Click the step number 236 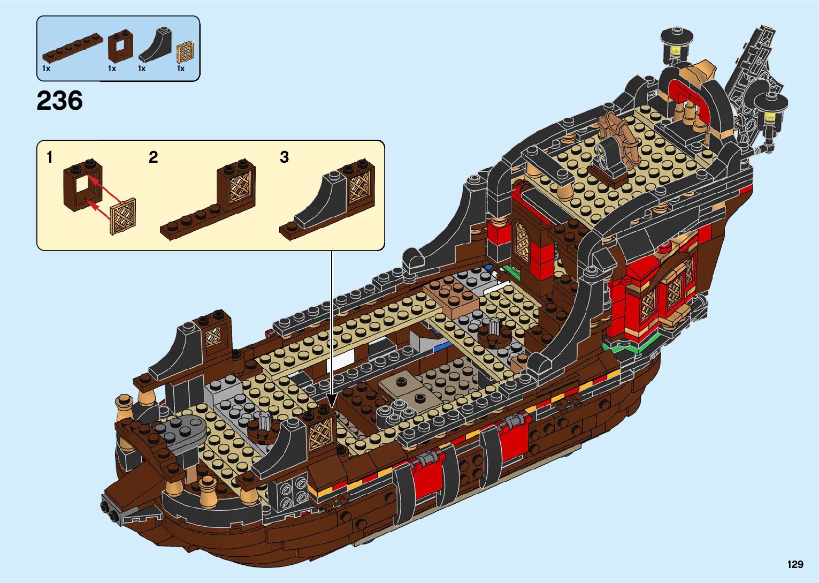(x=59, y=101)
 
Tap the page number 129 (x=795, y=564)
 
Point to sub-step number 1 (x=50, y=157)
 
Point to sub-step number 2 (x=154, y=157)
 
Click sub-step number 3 (x=284, y=157)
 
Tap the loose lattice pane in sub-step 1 (x=123, y=217)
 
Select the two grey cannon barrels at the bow (x=110, y=509)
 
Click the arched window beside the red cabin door (x=521, y=241)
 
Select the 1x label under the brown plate (x=46, y=69)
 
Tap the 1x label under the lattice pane (x=181, y=69)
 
